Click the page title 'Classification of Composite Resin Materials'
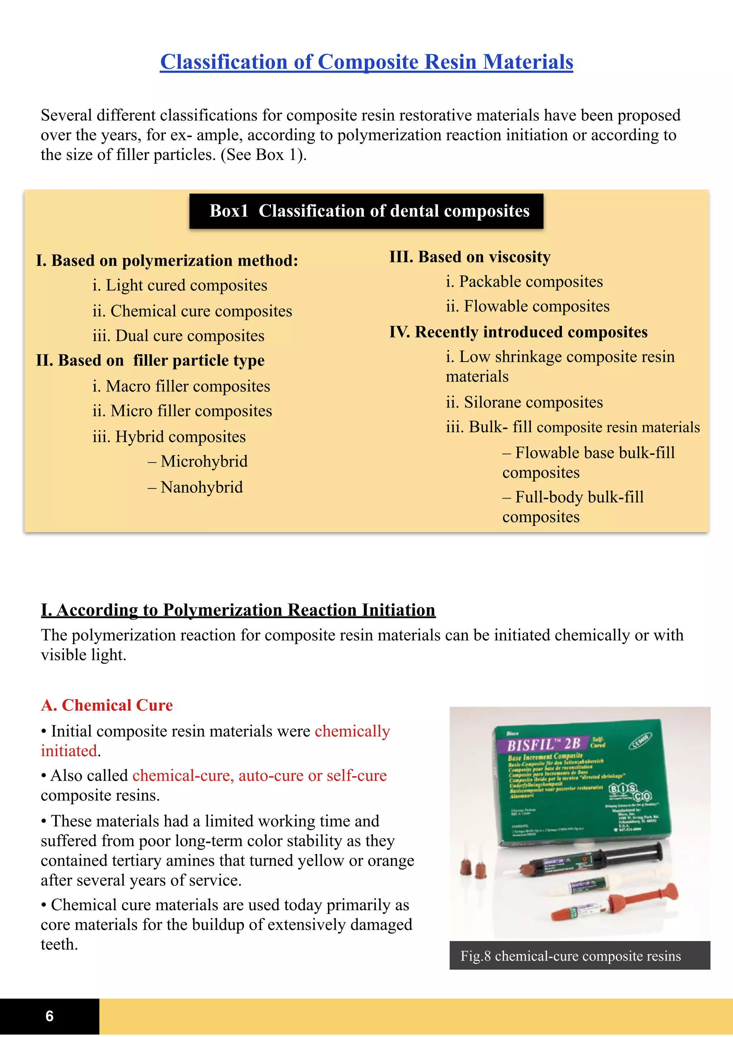(x=366, y=62)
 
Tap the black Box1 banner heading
(x=366, y=211)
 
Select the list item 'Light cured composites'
(x=180, y=285)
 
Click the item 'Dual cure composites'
(x=178, y=336)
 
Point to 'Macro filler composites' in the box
(x=181, y=387)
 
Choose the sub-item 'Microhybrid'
(x=198, y=462)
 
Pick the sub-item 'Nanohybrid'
(x=195, y=487)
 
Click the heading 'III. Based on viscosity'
(x=470, y=257)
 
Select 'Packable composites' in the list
(x=524, y=282)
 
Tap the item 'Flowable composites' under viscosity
(x=528, y=306)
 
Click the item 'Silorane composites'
(x=524, y=402)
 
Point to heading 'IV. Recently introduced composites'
(x=518, y=332)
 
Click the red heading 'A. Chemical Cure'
(x=107, y=705)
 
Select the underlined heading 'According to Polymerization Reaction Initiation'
(x=238, y=610)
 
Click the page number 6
(x=50, y=1016)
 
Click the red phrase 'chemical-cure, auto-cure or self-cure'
(x=259, y=776)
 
